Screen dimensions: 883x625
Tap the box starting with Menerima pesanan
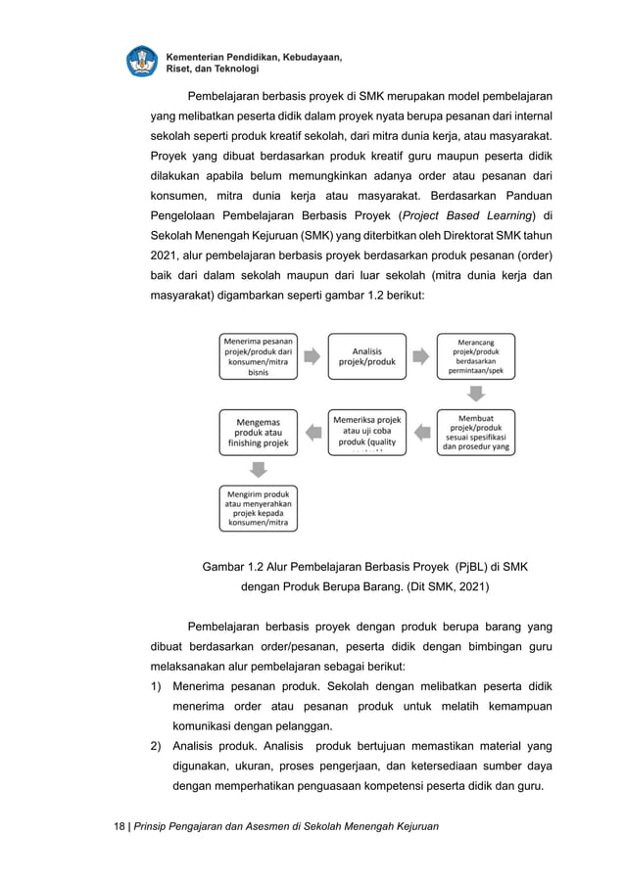click(259, 356)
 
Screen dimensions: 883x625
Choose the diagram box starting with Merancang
click(475, 356)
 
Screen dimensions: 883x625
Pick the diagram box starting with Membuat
click(475, 432)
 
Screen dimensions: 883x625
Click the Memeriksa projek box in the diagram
click(366, 432)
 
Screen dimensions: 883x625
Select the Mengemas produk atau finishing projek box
click(259, 432)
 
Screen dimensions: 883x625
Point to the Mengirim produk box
click(259, 508)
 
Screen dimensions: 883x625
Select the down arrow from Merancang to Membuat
click(475, 394)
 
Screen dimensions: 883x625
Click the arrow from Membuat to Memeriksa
click(421, 432)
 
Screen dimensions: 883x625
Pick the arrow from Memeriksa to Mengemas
click(312, 432)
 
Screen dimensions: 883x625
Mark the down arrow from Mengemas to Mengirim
click(259, 470)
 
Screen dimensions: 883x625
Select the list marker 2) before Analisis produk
click(156, 747)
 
